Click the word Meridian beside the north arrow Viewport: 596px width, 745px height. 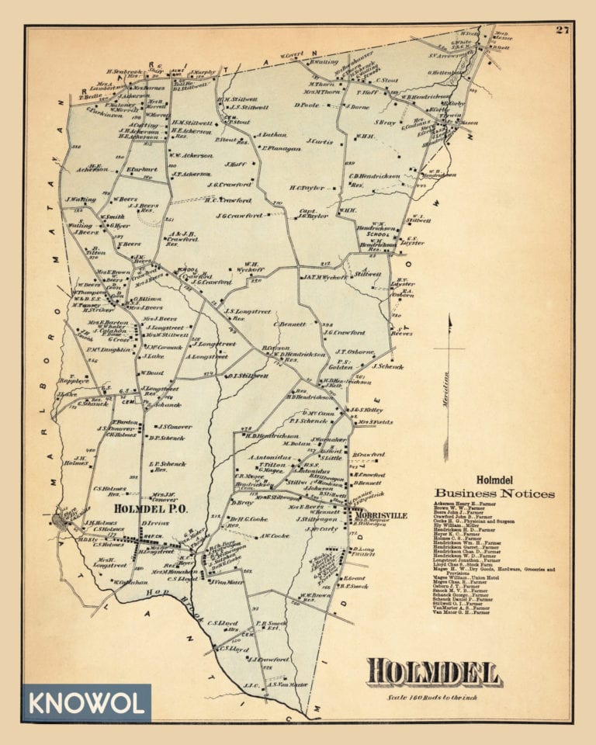pos(445,383)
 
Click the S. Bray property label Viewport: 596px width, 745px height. pos(386,122)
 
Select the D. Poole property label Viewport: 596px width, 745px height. pos(307,104)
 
